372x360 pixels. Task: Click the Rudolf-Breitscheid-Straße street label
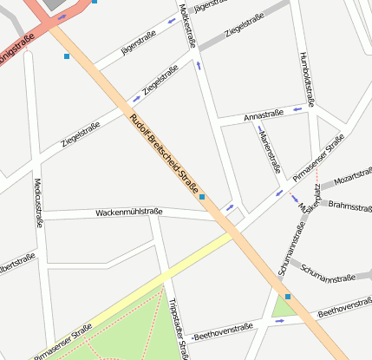point(164,154)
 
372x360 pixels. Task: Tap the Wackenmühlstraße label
point(128,212)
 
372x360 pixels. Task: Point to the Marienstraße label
point(271,152)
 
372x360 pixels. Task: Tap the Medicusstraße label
point(38,203)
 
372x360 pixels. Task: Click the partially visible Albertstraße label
point(17,264)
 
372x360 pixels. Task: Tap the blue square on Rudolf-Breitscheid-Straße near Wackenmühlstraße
point(202,198)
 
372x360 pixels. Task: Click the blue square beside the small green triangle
point(288,297)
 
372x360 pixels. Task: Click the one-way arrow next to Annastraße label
point(297,108)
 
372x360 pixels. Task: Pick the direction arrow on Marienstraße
point(259,129)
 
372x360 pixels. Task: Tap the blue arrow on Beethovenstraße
point(279,320)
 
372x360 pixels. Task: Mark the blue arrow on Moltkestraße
point(199,65)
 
